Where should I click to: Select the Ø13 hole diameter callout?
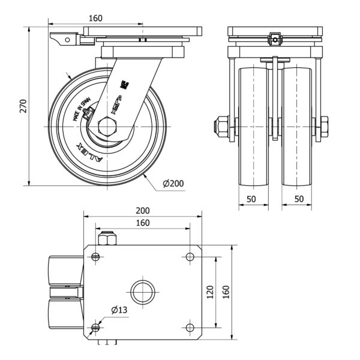pyautogui.click(x=119, y=310)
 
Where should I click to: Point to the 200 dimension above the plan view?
pyautogui.click(x=142, y=211)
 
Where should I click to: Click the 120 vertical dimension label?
pyautogui.click(x=209, y=292)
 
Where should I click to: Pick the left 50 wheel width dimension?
pyautogui.click(x=253, y=198)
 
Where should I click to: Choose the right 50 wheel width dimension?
pyautogui.click(x=297, y=198)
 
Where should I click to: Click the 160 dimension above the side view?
pyautogui.click(x=95, y=18)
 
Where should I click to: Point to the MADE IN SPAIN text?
pyautogui.click(x=82, y=110)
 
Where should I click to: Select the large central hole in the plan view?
pyautogui.click(x=143, y=292)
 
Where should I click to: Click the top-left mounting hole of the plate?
pyautogui.click(x=97, y=257)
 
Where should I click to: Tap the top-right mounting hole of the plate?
pyautogui.click(x=190, y=257)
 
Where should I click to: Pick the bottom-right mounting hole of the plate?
pyautogui.click(x=190, y=328)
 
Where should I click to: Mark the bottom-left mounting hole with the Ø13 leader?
pyautogui.click(x=97, y=328)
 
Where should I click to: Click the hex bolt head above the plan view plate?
pyautogui.click(x=109, y=239)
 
